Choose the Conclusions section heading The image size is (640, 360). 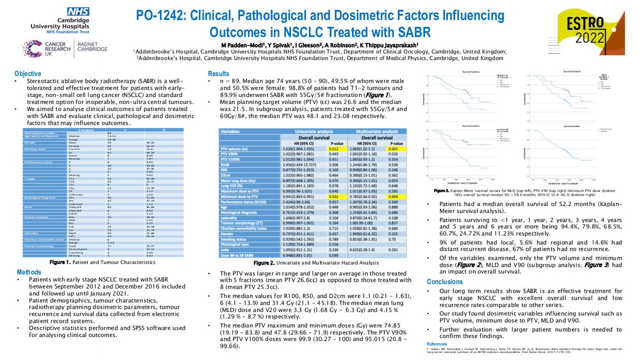pyautogui.click(x=445, y=281)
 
